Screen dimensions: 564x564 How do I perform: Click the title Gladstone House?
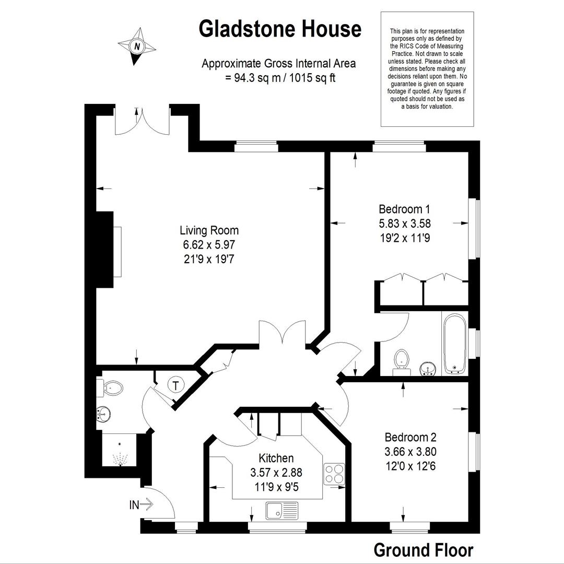(280, 29)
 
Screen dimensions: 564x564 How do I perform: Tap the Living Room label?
(209, 230)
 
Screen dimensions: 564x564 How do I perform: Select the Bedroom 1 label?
(404, 209)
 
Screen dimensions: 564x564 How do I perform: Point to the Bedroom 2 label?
(410, 438)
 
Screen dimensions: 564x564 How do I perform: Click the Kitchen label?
(276, 458)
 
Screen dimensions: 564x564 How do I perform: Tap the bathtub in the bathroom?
(455, 344)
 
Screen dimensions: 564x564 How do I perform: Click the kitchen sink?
(283, 511)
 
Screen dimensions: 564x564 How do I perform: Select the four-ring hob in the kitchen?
(334, 474)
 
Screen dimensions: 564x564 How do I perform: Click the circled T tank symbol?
(175, 385)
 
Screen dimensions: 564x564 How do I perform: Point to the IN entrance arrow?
(142, 504)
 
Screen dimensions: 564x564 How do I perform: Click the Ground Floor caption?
(424, 550)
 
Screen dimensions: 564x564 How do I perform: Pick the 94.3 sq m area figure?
(257, 78)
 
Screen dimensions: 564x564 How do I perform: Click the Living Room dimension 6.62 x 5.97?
(209, 244)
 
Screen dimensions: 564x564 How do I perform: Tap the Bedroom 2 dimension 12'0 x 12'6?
(410, 466)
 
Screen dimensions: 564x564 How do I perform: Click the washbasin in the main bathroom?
(428, 369)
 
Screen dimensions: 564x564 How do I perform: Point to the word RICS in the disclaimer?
(406, 46)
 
